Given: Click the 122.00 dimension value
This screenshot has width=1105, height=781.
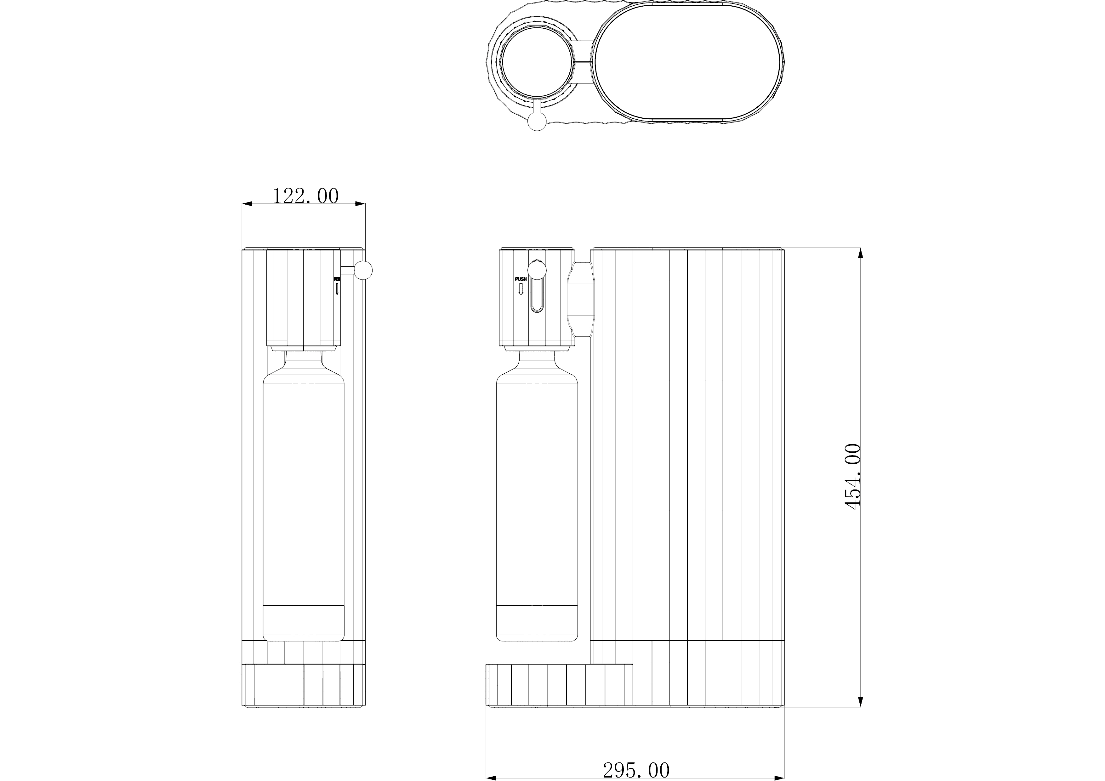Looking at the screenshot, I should [305, 196].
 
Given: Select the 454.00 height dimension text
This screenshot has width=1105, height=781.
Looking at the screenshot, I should [852, 476].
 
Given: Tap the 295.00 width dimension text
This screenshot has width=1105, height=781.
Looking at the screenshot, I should [636, 770].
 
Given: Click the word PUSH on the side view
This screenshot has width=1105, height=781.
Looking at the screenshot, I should [521, 279].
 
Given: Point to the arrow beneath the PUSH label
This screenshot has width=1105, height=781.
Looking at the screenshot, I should [521, 289].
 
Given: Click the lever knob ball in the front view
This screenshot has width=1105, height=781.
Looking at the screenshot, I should [364, 270].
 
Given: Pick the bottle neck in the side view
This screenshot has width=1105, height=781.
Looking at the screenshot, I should [537, 359].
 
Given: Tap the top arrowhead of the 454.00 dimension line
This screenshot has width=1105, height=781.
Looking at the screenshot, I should [861, 254].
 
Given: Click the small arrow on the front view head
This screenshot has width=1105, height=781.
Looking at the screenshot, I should [337, 289].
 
